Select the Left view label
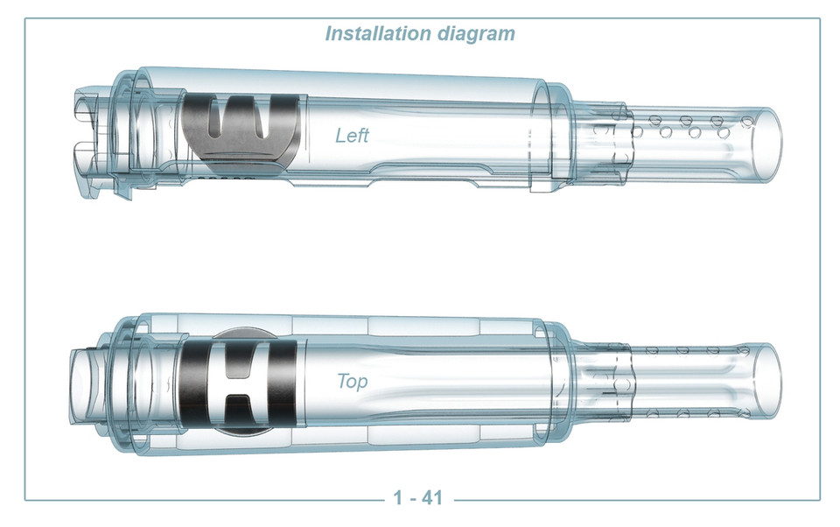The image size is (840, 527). tap(352, 136)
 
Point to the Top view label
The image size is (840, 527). tap(353, 383)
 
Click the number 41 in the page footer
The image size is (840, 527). tap(431, 499)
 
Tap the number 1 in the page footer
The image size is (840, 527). tap(398, 499)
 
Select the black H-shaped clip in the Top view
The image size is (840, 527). tap(236, 383)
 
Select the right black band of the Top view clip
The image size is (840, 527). tap(282, 383)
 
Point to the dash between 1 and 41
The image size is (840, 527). tap(412, 499)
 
